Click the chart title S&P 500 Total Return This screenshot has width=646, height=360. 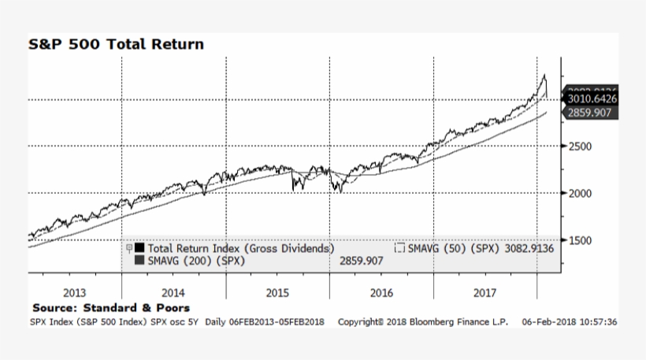[x=116, y=44]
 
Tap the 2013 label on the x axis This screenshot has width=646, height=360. [x=74, y=292]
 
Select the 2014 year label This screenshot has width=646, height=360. [x=175, y=292]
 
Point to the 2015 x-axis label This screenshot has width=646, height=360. [x=277, y=292]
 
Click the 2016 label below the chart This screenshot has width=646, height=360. [x=381, y=292]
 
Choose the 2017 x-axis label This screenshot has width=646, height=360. [x=485, y=292]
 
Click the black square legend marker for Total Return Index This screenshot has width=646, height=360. [x=139, y=247]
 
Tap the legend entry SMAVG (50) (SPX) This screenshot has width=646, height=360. [x=450, y=247]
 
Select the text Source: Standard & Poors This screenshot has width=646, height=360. [x=111, y=307]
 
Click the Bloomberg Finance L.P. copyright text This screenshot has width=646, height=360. [x=422, y=321]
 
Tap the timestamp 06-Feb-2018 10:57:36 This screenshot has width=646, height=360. [x=569, y=321]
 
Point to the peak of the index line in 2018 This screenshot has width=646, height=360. [x=543, y=75]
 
